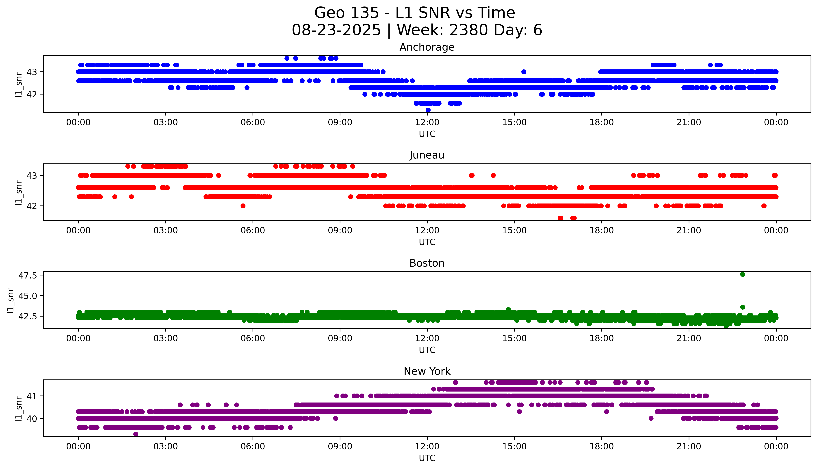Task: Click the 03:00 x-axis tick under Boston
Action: (166, 338)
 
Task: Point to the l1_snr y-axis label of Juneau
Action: (19, 193)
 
